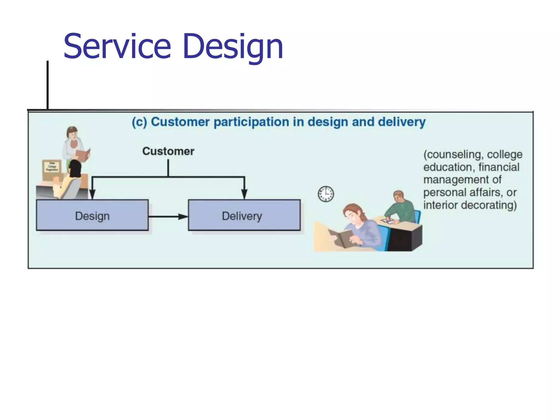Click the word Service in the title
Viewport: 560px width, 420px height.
tap(117, 46)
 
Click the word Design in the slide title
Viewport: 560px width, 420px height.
tap(233, 46)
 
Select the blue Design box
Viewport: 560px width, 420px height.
tap(92, 215)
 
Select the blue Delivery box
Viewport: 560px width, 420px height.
tap(244, 215)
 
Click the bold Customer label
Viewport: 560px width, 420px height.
tap(168, 151)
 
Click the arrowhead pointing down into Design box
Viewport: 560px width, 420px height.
tap(92, 194)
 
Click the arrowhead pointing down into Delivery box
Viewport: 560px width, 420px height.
tap(244, 194)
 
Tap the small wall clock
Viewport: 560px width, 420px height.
tap(326, 194)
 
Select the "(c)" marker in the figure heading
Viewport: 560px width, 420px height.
tap(139, 122)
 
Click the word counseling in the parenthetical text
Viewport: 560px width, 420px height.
tap(453, 154)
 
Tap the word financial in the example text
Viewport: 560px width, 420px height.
tap(499, 167)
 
